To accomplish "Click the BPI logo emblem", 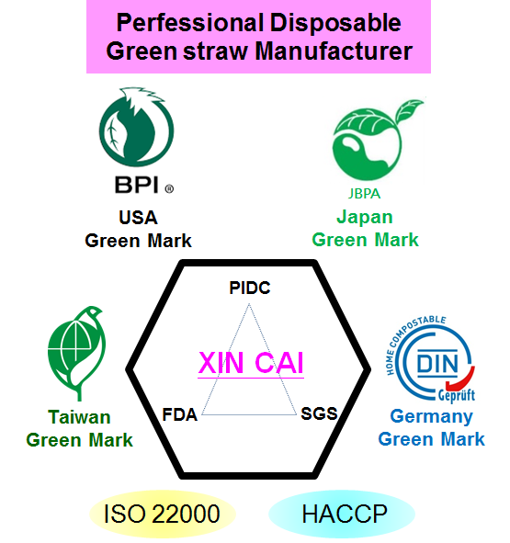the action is [137, 127].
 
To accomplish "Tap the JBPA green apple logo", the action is [374, 141].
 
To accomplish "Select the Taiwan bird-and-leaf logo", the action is [76, 353].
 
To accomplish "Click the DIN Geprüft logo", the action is [431, 360].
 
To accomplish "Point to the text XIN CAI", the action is [251, 363].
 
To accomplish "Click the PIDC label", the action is [250, 288].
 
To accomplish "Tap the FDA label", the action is [180, 414].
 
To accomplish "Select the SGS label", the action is [319, 413].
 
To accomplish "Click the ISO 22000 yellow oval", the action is [163, 514].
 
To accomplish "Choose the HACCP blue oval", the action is [342, 514].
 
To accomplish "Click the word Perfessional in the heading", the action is [190, 23].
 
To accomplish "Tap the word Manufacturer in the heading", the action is [334, 51].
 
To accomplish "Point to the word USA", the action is [138, 218].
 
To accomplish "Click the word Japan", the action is [365, 218].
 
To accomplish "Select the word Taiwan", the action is [79, 417].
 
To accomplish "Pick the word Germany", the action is [431, 417].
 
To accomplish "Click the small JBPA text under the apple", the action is [364, 194].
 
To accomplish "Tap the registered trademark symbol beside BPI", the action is [169, 189].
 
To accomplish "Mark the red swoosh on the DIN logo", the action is [462, 379].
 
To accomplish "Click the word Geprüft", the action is [457, 395].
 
